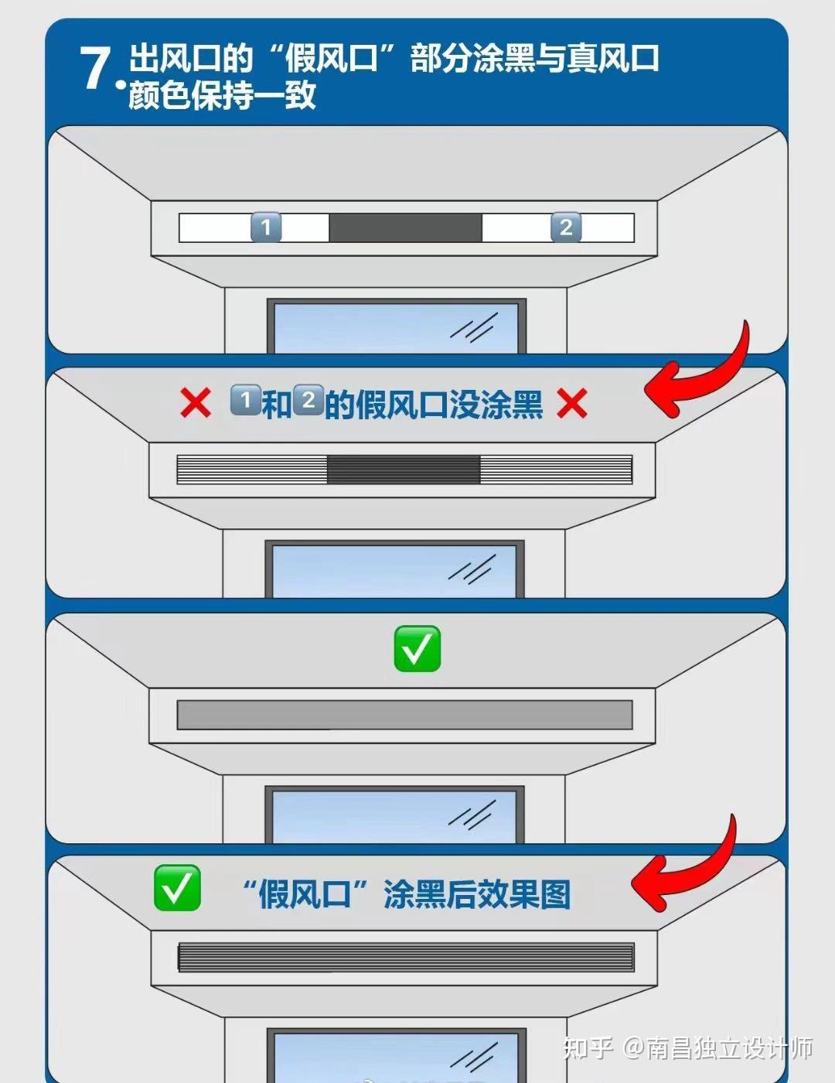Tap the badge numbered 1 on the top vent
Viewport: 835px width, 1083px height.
click(x=266, y=227)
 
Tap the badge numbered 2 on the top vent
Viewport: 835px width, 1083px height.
click(x=566, y=227)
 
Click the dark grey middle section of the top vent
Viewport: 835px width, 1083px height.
click(x=405, y=227)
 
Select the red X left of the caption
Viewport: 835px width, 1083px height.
click(x=195, y=403)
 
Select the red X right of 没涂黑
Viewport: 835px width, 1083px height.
click(x=572, y=403)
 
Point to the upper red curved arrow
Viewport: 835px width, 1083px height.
click(x=700, y=371)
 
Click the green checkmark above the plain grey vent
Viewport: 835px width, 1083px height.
click(x=417, y=648)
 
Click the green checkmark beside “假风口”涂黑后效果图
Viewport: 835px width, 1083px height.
click(x=177, y=888)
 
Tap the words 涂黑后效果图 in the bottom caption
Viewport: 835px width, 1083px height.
click(x=477, y=895)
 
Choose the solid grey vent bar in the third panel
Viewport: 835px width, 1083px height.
click(x=404, y=716)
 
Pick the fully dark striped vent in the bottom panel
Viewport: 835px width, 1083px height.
click(x=406, y=958)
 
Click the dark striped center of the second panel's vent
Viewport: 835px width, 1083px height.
click(x=404, y=470)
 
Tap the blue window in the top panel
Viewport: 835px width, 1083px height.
click(x=397, y=327)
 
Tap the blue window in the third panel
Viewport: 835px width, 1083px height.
click(x=394, y=815)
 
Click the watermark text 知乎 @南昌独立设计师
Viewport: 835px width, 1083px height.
click(x=687, y=1048)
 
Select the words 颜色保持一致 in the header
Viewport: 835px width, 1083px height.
click(x=222, y=96)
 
